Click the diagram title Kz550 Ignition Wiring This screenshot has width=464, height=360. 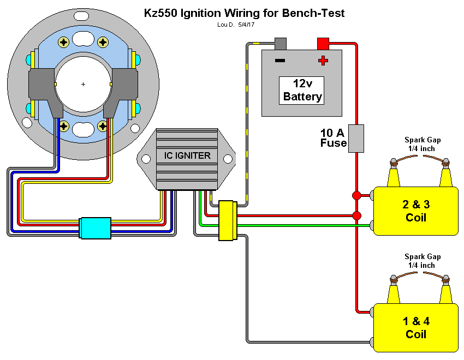click(244, 13)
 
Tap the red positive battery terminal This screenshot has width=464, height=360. click(323, 43)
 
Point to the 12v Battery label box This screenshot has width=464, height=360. click(302, 91)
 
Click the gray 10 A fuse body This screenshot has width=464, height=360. click(356, 138)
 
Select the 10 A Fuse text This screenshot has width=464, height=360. click(333, 138)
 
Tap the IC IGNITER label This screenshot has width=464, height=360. click(187, 156)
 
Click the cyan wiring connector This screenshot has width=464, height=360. click(95, 227)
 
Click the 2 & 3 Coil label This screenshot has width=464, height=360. click(416, 211)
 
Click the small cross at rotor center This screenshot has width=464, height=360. click(83, 84)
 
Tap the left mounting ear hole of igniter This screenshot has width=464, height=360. click(146, 159)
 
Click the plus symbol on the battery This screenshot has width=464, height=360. click(323, 60)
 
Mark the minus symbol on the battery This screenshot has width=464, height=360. click(279, 60)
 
